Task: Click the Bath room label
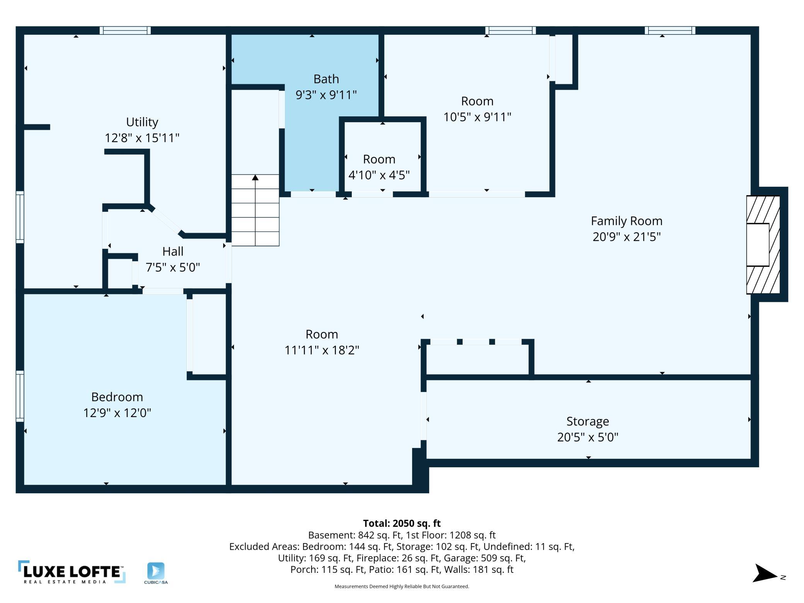point(326,79)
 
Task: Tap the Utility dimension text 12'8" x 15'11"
point(142,138)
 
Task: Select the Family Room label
point(626,221)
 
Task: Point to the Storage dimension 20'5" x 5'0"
point(588,437)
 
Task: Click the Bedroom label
point(117,397)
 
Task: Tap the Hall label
point(172,251)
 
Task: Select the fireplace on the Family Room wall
point(763,244)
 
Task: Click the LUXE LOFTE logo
point(72,572)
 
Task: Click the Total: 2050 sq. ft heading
point(402,523)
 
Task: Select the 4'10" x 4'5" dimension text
point(379,175)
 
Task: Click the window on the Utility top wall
point(125,30)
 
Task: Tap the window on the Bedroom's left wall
point(20,396)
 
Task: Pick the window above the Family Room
point(670,30)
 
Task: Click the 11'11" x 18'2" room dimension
point(322,350)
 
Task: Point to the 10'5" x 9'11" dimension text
point(477,117)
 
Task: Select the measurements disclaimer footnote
point(402,586)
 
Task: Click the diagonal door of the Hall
point(165,220)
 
